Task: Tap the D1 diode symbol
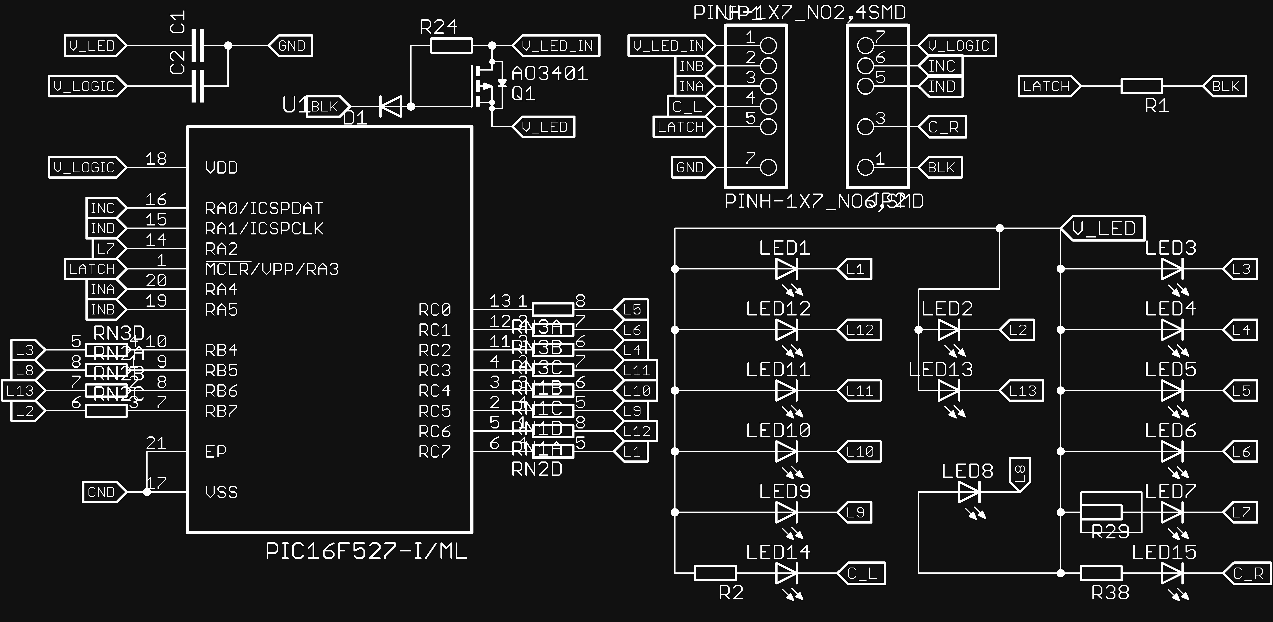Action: click(x=390, y=106)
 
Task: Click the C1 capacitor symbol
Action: click(x=198, y=46)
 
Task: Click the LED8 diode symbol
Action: click(x=969, y=492)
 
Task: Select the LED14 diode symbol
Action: click(x=786, y=573)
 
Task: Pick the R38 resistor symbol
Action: click(x=1101, y=573)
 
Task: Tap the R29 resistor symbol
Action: click(x=1101, y=512)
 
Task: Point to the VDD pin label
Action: click(x=221, y=168)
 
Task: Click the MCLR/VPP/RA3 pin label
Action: click(x=272, y=269)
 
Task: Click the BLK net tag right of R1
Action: click(x=1225, y=86)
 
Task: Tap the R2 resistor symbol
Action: click(x=715, y=573)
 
